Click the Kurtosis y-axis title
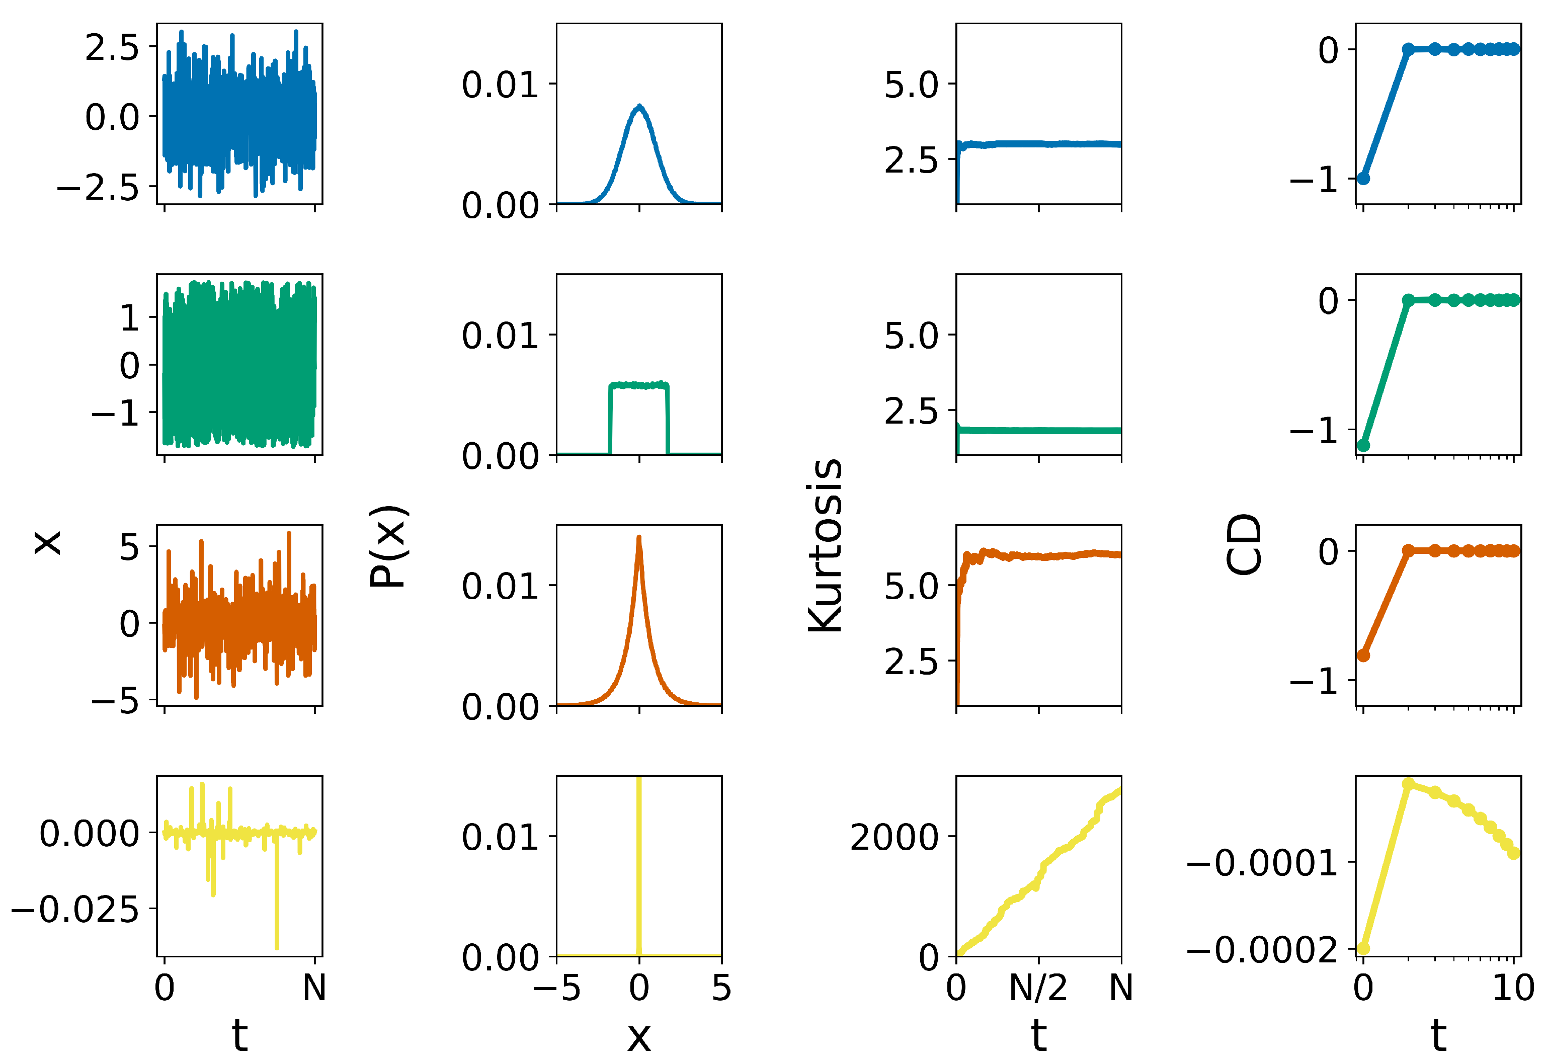825,546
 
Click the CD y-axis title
1243,544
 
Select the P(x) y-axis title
388,547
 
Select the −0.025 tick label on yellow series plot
74,909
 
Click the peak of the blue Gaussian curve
639,107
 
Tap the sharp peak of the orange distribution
639,538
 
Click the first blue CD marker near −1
1363,178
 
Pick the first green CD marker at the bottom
1363,445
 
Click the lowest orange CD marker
1363,656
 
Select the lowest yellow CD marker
1363,948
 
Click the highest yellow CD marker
1408,784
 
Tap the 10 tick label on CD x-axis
1513,988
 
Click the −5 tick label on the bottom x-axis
557,988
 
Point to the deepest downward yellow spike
276,946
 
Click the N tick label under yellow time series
314,988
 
